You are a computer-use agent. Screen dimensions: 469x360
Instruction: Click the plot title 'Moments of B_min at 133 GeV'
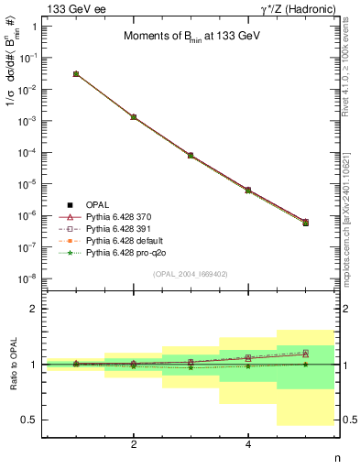tap(190, 37)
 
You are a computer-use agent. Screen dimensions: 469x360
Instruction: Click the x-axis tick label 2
tap(134, 444)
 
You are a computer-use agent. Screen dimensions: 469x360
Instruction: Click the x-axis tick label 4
tap(248, 444)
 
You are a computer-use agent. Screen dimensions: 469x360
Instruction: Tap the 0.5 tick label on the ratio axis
tap(29, 420)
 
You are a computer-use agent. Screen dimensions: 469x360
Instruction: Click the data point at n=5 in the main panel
tap(305, 223)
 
